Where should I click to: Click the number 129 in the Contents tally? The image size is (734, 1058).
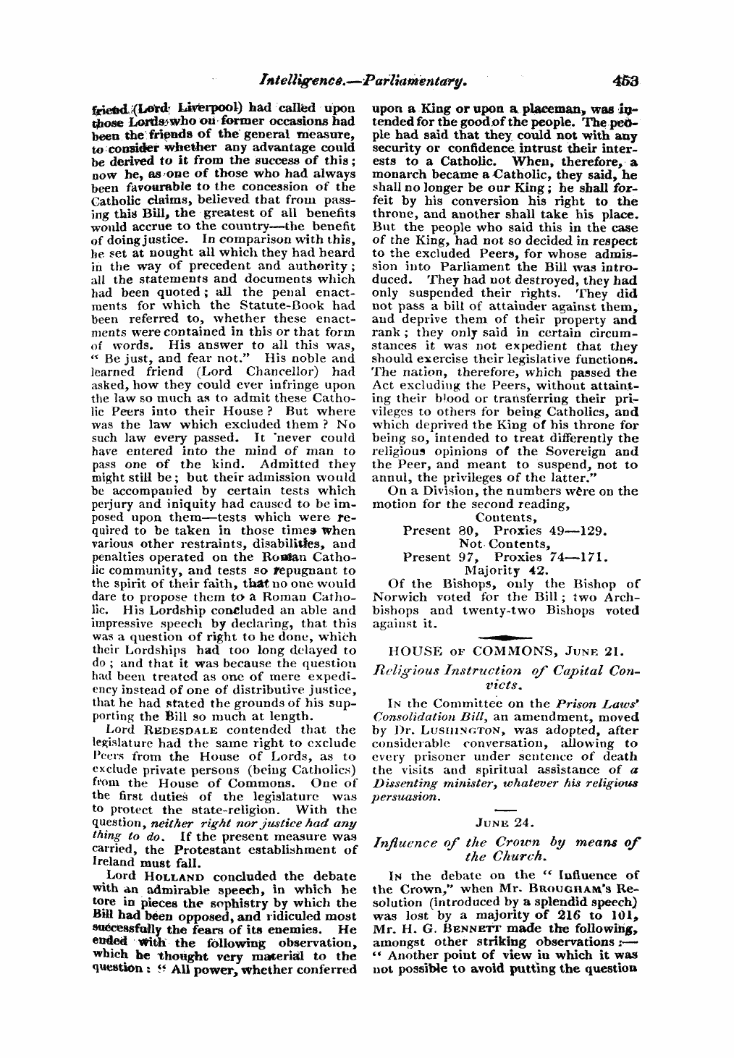(592, 530)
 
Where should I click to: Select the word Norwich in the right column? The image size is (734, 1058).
(397, 597)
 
